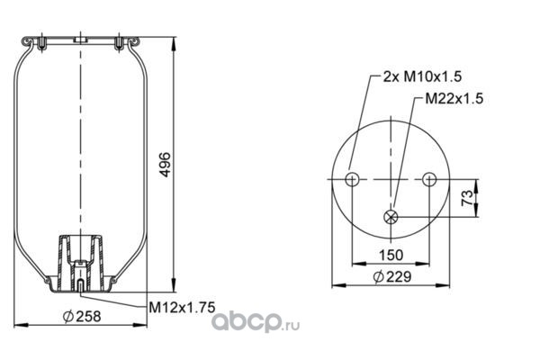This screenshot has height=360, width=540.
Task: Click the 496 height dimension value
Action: (x=166, y=165)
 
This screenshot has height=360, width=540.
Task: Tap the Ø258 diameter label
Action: (x=82, y=316)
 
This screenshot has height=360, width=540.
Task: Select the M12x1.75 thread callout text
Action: (x=182, y=307)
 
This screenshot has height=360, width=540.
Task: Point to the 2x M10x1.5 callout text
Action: (x=423, y=76)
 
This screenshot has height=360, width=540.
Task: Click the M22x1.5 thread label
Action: (x=454, y=98)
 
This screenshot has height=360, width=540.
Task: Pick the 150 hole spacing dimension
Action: (x=391, y=256)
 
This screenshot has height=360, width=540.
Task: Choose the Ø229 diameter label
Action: (x=392, y=276)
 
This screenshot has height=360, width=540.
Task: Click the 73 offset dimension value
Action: (x=467, y=198)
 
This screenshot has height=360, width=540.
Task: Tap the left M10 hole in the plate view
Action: (x=352, y=179)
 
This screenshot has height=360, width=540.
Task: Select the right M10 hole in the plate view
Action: (x=429, y=179)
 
